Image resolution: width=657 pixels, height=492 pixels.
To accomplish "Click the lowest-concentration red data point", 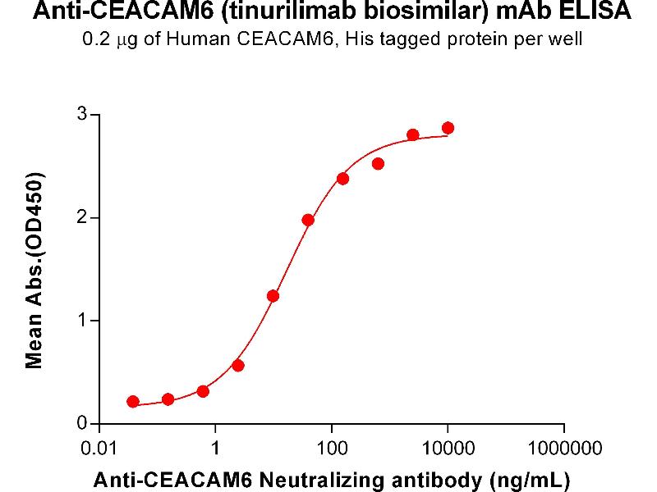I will [x=133, y=401].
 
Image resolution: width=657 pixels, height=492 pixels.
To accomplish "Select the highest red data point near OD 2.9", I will [x=448, y=128].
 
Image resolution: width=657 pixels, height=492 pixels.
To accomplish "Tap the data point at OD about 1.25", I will [x=273, y=296].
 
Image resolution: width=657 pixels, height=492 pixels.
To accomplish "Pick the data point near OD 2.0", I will [x=308, y=220].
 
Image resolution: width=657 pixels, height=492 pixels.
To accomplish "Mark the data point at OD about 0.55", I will [x=238, y=366].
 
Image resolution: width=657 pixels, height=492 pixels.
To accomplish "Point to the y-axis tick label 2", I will [x=83, y=217].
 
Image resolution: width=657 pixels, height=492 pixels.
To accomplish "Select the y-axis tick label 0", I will [x=83, y=423].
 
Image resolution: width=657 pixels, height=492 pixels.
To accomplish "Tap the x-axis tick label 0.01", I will [x=99, y=449].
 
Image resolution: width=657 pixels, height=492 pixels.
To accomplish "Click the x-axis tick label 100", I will [x=331, y=449].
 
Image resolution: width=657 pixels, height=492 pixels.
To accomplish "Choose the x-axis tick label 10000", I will [x=448, y=449].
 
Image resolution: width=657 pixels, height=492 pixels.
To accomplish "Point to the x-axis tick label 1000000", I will [x=563, y=449].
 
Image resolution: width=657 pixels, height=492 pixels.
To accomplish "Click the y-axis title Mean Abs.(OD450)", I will [x=35, y=270].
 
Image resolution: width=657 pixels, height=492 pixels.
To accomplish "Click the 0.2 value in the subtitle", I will [x=96, y=39].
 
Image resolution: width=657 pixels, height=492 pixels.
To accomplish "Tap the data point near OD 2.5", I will [x=378, y=164].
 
